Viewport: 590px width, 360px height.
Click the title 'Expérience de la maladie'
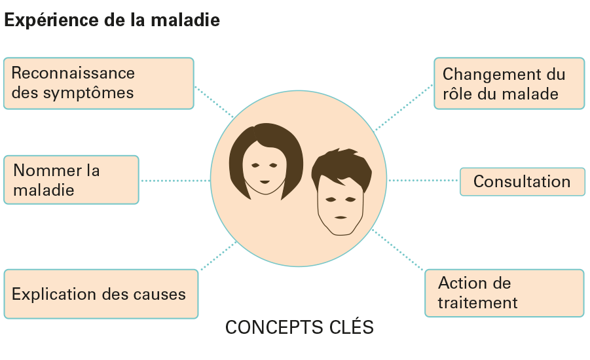[x=112, y=20]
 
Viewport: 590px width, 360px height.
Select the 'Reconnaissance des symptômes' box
[x=99, y=83]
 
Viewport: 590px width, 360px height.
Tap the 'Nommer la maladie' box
[x=71, y=180]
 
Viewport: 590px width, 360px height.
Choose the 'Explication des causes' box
[x=101, y=294]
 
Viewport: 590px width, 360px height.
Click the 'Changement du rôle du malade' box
[x=509, y=83]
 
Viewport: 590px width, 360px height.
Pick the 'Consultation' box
[x=522, y=181]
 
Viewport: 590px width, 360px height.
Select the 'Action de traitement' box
[x=504, y=293]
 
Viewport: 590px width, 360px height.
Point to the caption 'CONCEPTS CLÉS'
[x=299, y=327]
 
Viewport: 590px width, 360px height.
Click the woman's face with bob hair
[x=265, y=164]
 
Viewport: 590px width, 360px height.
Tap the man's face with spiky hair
[x=339, y=196]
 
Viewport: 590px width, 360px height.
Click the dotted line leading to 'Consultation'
[x=424, y=180]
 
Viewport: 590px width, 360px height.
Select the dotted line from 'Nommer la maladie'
[x=175, y=180]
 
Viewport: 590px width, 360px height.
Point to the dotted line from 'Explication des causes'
[x=218, y=256]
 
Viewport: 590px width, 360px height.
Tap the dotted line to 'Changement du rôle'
[x=404, y=107]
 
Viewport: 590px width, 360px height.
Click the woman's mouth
[x=265, y=181]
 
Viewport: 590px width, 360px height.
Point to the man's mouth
[x=340, y=217]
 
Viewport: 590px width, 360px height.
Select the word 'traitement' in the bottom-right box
[x=478, y=303]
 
